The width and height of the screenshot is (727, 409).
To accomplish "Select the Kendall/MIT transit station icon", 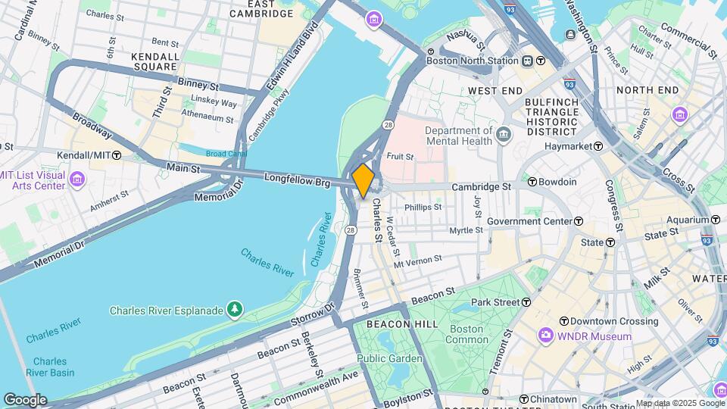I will coord(117,155).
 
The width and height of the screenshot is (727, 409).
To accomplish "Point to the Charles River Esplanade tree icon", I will coord(236,310).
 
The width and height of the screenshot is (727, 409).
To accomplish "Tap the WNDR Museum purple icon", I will coord(545,336).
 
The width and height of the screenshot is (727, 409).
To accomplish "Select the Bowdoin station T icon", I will coord(532,182).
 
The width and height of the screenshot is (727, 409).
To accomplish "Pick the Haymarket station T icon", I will coord(598,145).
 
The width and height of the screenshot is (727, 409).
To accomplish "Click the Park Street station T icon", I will coord(526,302).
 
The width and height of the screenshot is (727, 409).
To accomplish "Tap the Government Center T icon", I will coord(579,221).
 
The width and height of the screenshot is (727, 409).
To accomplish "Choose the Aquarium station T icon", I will coord(716,220).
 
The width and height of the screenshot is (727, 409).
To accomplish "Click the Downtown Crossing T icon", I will coord(563,321).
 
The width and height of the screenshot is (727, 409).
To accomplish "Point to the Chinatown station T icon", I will coord(523,399).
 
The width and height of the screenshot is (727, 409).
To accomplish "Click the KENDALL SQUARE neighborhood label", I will coord(154,61).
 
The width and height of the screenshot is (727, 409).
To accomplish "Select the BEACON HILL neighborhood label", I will coord(392,323).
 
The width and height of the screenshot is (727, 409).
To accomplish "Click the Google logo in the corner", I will coord(25,400).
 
